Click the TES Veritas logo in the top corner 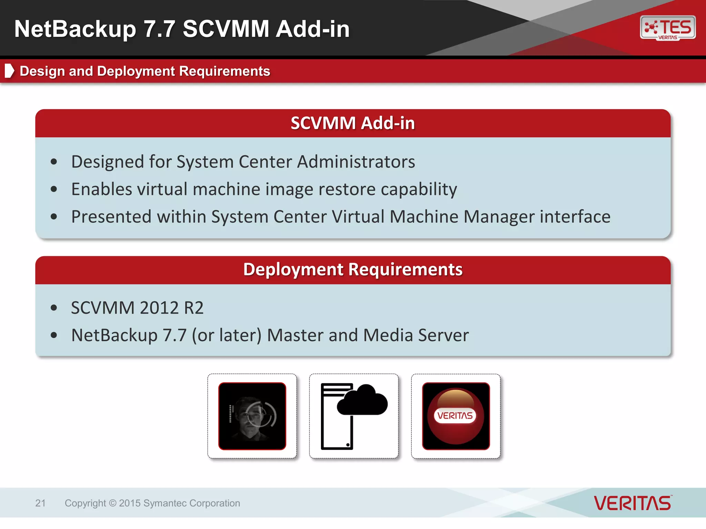coord(668,28)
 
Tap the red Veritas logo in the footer coord(633,503)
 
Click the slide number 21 coord(40,503)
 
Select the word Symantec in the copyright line coord(165,503)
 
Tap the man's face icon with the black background coord(252,416)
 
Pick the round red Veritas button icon coord(456,416)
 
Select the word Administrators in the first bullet coord(356,162)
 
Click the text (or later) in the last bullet coord(226,335)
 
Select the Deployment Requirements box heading coord(353,269)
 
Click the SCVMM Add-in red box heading coord(353,123)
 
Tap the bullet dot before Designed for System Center coord(54,162)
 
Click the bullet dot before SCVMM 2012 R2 coord(54,308)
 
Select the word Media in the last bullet coord(388,335)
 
